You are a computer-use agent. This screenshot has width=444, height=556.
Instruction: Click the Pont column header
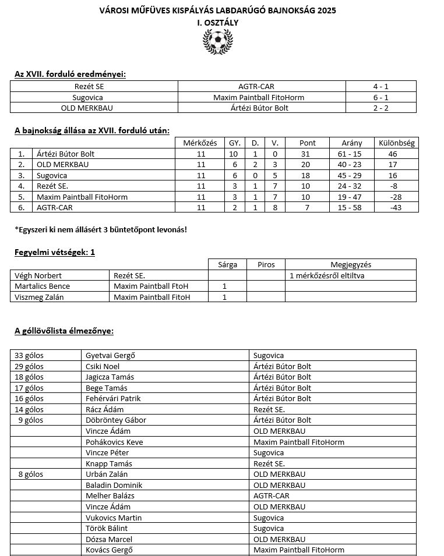coord(307,143)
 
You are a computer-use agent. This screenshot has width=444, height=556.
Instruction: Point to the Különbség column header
coord(396,143)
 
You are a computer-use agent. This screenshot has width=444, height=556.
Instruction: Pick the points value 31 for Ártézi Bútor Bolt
coord(307,154)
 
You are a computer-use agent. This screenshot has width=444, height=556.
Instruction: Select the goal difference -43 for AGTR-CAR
coord(396,208)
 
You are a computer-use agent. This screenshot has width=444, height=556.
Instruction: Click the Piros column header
coord(266,264)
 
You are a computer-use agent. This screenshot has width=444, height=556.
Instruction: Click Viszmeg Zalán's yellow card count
coord(224,297)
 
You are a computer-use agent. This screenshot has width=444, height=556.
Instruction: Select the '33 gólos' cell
coord(29,355)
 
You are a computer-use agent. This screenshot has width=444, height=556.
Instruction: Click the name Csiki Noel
coord(103,366)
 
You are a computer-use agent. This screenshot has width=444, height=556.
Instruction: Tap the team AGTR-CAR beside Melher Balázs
coord(271,496)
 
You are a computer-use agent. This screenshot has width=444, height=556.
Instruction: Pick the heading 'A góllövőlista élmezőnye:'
coord(64,331)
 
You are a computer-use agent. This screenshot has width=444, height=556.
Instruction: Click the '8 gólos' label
coord(31,474)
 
